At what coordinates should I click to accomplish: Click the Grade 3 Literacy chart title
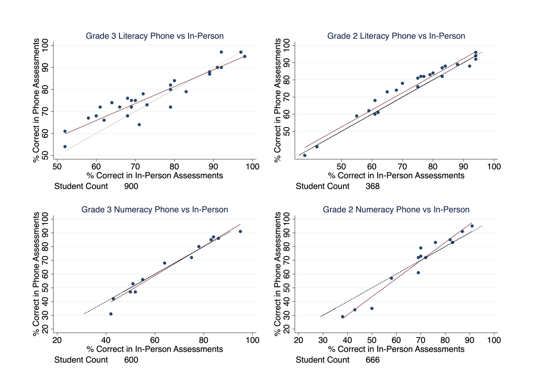point(155,36)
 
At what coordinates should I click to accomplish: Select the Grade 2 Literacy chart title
point(396,36)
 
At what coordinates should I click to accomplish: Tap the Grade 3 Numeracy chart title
point(155,210)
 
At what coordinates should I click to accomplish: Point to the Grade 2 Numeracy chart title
point(396,210)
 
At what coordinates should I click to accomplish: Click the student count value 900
point(131,186)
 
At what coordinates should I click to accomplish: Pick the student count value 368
point(372,186)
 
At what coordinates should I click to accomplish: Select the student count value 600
point(131,360)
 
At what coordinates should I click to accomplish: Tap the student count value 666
point(372,360)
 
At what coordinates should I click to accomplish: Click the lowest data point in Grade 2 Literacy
point(304,155)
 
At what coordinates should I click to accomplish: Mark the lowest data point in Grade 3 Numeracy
point(111,314)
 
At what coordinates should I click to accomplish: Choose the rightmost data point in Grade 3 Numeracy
point(240,231)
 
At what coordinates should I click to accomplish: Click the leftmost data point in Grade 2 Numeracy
point(343,317)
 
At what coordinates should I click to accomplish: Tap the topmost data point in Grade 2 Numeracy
point(472,226)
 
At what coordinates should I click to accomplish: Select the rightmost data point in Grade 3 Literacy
point(244,56)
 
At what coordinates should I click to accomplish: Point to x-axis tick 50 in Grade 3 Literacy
point(57,166)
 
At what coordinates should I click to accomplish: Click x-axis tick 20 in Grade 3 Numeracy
point(57,340)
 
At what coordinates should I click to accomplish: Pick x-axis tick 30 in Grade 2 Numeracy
point(323,340)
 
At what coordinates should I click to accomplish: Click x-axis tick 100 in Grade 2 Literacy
point(494,166)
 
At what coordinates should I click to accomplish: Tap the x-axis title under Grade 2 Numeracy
point(396,349)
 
